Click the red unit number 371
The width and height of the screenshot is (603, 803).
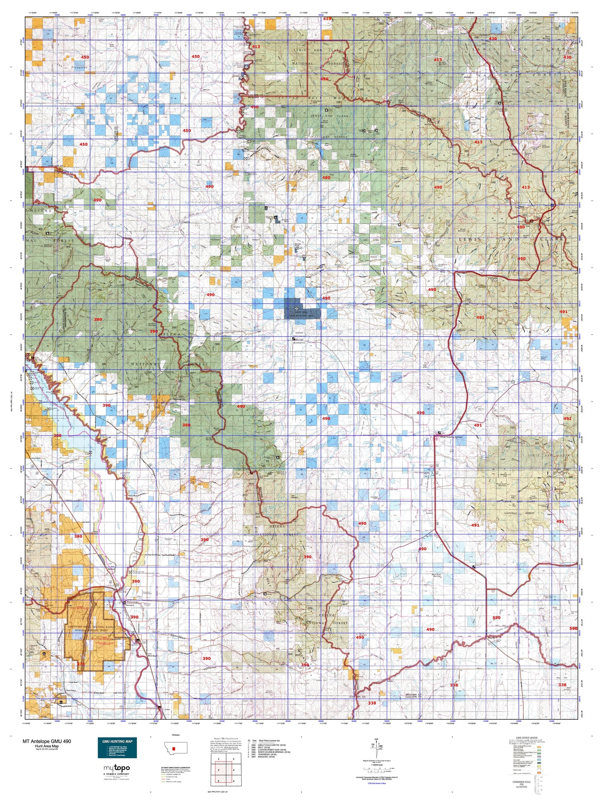[x=81, y=664]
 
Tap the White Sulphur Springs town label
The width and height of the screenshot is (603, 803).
[x=451, y=437]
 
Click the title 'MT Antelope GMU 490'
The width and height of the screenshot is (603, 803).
[x=47, y=741]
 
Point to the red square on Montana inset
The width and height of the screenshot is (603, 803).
[x=174, y=748]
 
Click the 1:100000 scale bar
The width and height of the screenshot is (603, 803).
[x=376, y=770]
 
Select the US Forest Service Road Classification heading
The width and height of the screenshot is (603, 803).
[x=178, y=767]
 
